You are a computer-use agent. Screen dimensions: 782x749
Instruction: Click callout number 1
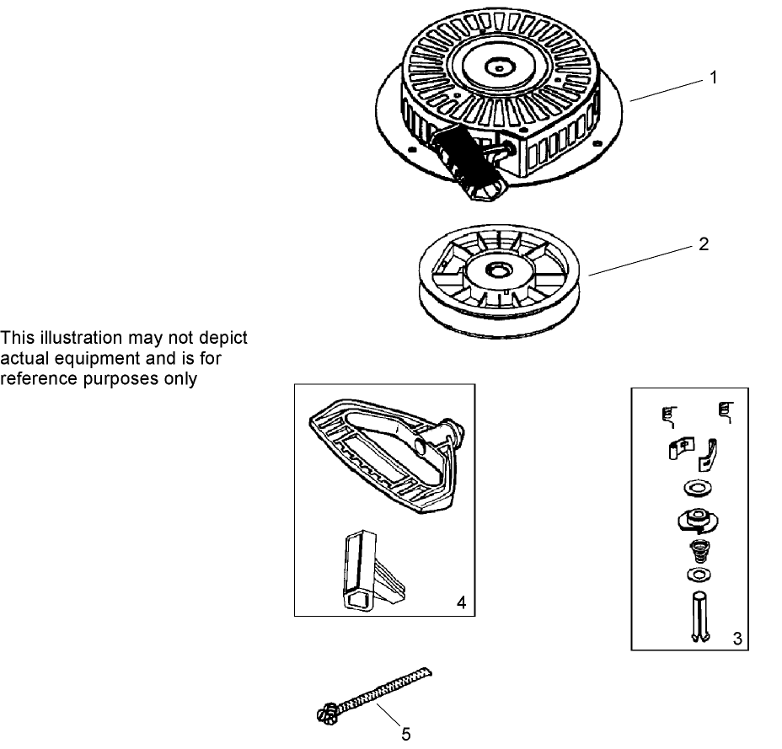point(713,78)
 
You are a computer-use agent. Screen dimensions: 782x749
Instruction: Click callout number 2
point(703,243)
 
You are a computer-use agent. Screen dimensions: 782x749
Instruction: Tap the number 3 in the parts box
point(737,639)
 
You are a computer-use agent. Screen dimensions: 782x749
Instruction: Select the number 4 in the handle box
point(461,602)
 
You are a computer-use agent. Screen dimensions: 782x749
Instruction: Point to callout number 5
point(406,734)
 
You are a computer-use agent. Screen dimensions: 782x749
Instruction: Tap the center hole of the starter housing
point(499,67)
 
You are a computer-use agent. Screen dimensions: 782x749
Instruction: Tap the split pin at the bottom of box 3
point(700,617)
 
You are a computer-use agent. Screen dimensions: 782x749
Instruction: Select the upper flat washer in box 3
point(698,488)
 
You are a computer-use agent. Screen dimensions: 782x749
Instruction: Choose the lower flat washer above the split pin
point(699,575)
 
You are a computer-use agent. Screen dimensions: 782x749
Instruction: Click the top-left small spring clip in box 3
point(669,416)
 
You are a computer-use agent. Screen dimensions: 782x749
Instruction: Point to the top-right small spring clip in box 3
point(726,412)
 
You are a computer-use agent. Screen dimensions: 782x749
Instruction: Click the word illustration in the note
point(81,338)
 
